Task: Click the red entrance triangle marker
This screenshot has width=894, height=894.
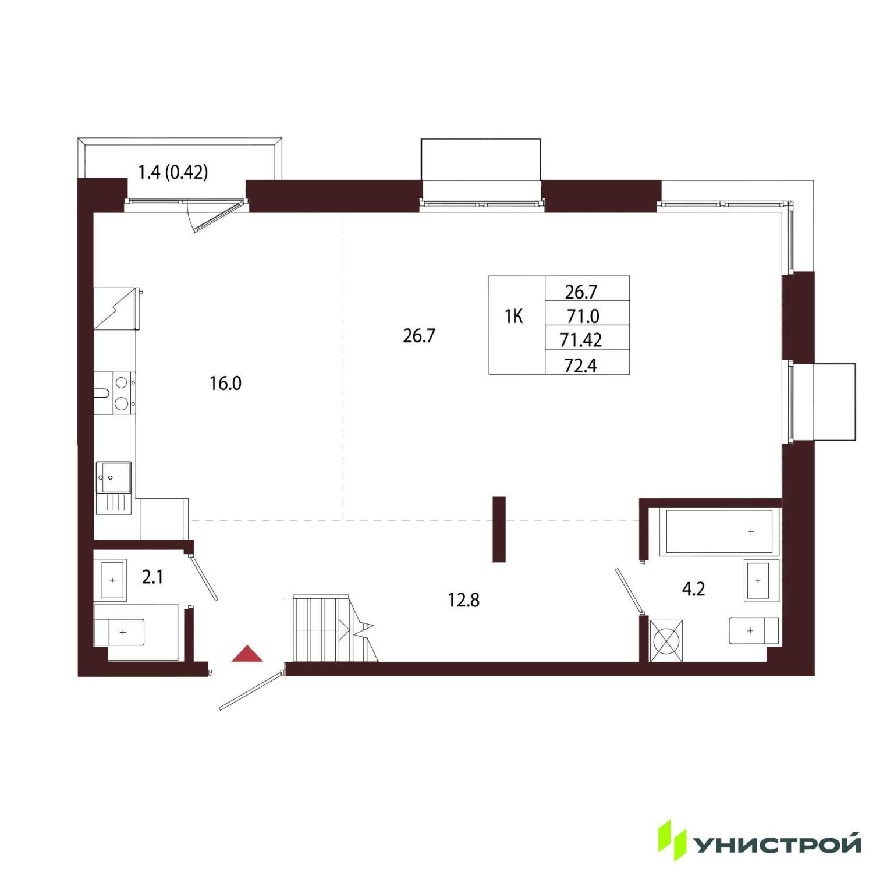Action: click(x=247, y=655)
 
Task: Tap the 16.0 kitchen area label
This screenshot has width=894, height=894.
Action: click(x=226, y=384)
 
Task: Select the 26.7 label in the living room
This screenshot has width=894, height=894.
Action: click(x=419, y=336)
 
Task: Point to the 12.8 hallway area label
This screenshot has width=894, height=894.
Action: click(x=463, y=599)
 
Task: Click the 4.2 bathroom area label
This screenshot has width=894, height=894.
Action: click(x=693, y=589)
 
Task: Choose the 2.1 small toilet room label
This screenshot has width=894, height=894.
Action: click(x=152, y=577)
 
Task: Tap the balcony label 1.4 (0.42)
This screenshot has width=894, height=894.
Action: click(x=173, y=172)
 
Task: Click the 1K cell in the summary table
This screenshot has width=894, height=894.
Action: click(x=514, y=317)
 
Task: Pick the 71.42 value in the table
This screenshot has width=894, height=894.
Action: click(x=581, y=339)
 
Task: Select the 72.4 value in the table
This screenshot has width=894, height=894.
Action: click(x=581, y=366)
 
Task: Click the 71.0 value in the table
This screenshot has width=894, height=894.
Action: click(x=583, y=316)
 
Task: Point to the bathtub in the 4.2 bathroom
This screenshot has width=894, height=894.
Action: click(x=719, y=532)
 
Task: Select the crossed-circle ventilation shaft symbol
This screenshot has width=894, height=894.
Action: click(x=666, y=641)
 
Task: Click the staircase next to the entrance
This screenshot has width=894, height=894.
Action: click(x=332, y=629)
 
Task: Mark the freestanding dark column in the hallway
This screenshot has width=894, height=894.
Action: click(x=499, y=529)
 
